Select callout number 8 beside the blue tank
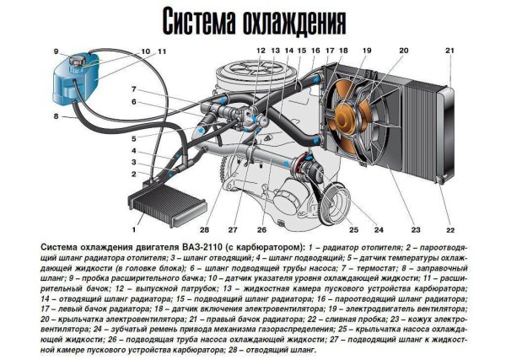[x=55, y=116]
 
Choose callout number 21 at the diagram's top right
[x=449, y=51]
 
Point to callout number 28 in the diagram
[x=204, y=228]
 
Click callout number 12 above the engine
[x=261, y=51]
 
